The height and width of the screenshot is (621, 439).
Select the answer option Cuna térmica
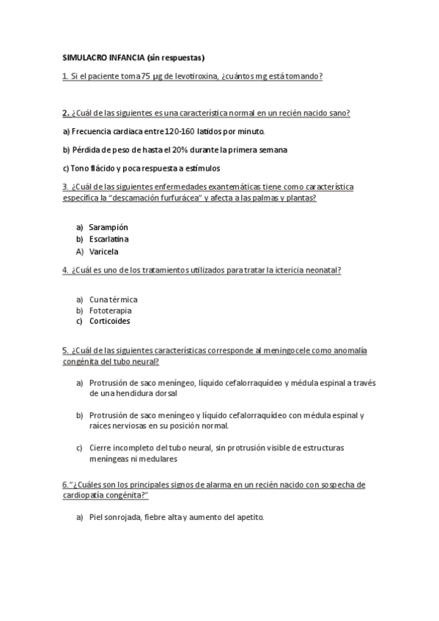point(114,299)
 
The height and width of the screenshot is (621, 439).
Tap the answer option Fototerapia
point(111,310)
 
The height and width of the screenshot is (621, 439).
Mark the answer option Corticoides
point(111,321)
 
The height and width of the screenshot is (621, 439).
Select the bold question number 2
point(65,113)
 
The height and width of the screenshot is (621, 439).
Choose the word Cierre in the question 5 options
point(100,447)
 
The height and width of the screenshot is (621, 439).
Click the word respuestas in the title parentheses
point(181,57)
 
